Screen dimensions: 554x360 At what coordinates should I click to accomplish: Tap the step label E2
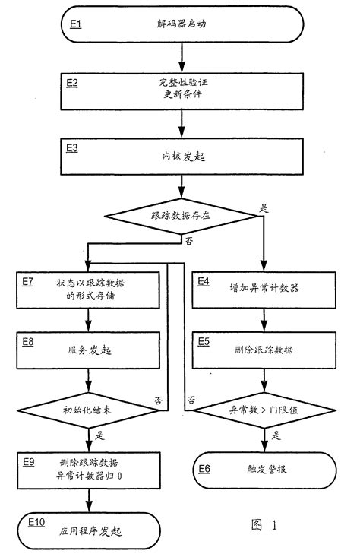tap(74, 82)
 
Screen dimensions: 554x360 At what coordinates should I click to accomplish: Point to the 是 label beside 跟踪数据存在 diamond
tap(265, 206)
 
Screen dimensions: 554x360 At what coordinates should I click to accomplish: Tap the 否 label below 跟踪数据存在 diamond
tap(188, 239)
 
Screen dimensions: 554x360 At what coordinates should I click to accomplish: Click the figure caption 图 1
tap(263, 524)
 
